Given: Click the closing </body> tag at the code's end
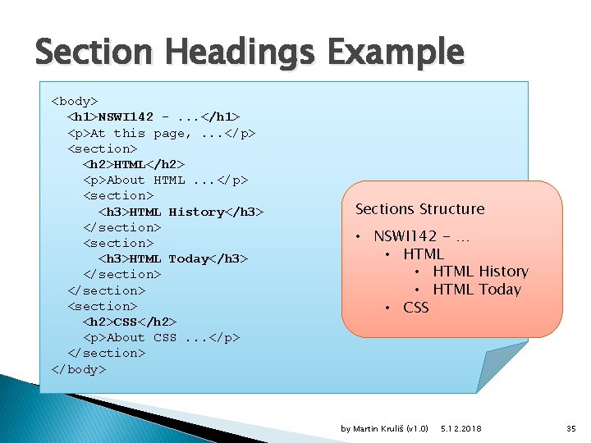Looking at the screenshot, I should coord(79,368).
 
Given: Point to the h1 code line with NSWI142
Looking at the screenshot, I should coord(153,116).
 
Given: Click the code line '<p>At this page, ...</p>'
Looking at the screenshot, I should coord(161,133).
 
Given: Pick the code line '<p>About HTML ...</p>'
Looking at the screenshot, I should coord(165,180).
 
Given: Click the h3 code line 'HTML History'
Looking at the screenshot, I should coord(181,212).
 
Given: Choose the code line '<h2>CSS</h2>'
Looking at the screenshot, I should coord(130,321).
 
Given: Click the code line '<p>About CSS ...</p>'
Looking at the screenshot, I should coord(161,337).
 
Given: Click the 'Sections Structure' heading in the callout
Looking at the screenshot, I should coord(419,209).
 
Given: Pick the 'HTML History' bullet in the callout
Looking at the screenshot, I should coord(480,272).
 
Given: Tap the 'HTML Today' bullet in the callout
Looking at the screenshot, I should coord(477,290).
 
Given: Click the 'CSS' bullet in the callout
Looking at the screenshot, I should coord(415,308).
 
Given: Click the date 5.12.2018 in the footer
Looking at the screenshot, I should coord(461,429).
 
